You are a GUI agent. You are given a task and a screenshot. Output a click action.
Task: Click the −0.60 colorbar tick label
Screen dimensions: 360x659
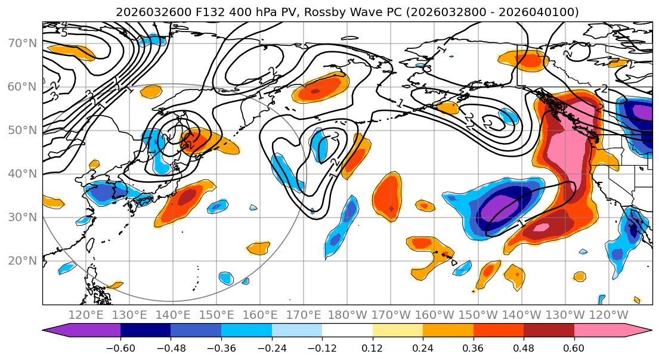click(120, 347)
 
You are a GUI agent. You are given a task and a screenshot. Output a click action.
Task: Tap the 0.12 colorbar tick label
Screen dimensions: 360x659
click(372, 347)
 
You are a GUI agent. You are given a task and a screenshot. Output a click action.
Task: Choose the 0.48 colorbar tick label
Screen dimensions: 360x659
click(523, 347)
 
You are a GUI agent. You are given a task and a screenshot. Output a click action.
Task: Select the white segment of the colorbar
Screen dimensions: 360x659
click(346, 331)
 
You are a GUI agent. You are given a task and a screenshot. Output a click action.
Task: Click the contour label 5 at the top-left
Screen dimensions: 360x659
click(64, 33)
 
